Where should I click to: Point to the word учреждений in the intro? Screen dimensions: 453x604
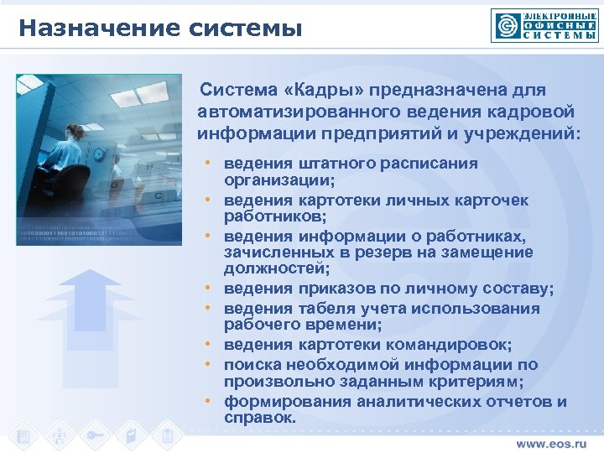click(x=517, y=133)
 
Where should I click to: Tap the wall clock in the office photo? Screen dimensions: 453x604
click(x=99, y=154)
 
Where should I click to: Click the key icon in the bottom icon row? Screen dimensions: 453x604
click(x=96, y=436)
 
